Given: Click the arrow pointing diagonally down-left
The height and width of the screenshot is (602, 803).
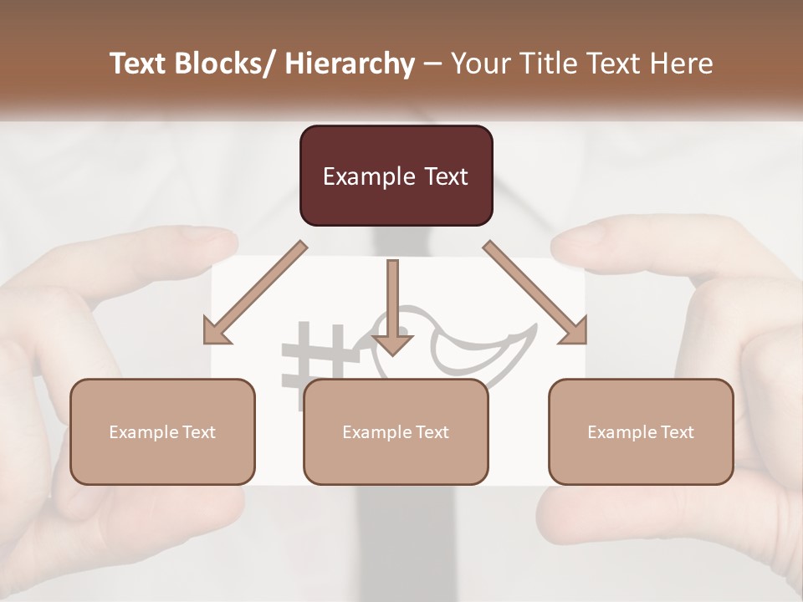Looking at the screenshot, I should pos(255,293).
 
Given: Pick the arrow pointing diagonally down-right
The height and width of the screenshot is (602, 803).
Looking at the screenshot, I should pos(535,293).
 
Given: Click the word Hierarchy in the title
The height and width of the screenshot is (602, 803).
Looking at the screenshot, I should pos(350,64).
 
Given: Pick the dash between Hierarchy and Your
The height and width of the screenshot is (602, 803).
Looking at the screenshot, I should pos(432,64).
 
